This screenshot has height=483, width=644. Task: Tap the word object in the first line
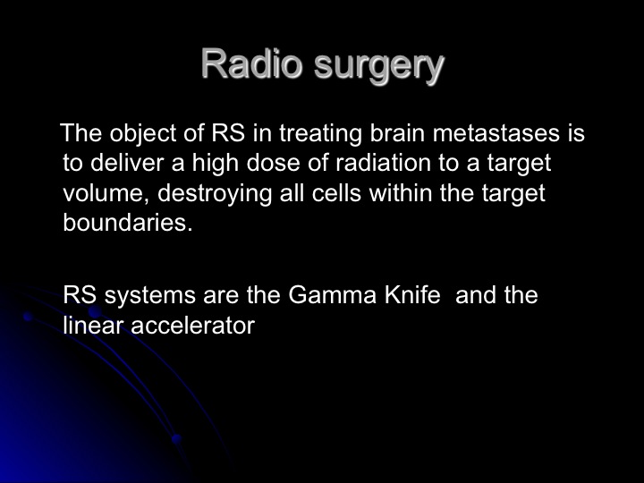pyautogui.click(x=142, y=133)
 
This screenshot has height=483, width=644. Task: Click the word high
pyautogui.click(x=216, y=164)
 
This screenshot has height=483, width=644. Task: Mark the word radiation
pyautogui.click(x=383, y=163)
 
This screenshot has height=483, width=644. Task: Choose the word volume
pyautogui.click(x=106, y=193)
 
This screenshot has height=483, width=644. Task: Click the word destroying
pyautogui.click(x=215, y=194)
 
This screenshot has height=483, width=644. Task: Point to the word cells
pyautogui.click(x=336, y=192)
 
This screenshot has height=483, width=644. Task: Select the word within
pyautogui.click(x=401, y=192)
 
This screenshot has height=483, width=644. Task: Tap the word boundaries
pyautogui.click(x=128, y=223)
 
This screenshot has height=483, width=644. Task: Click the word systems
pyautogui.click(x=150, y=296)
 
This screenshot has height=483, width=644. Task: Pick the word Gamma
pyautogui.click(x=332, y=295)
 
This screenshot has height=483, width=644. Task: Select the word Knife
pyautogui.click(x=412, y=295)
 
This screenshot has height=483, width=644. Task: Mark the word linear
pyautogui.click(x=93, y=326)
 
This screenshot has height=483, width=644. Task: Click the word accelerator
pyautogui.click(x=193, y=326)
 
